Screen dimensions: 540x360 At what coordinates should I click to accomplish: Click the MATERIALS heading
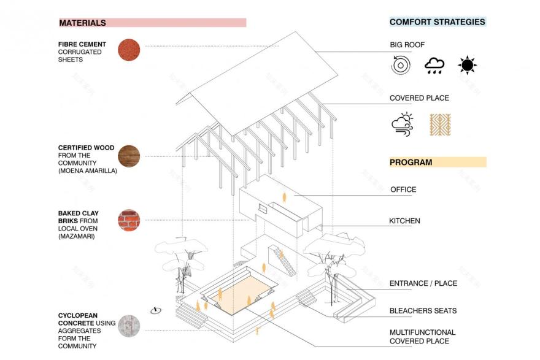pyautogui.click(x=83, y=23)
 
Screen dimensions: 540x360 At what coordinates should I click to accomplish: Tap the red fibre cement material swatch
pyautogui.click(x=129, y=50)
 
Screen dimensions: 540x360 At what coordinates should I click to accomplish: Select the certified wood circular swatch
pyautogui.click(x=129, y=156)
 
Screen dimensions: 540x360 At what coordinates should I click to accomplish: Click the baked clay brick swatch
pyautogui.click(x=129, y=220)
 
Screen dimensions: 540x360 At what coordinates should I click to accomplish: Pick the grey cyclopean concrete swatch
pyautogui.click(x=129, y=326)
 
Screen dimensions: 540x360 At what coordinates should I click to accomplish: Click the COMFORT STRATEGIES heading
pyautogui.click(x=438, y=22)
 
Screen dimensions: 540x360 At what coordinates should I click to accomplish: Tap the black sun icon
pyautogui.click(x=467, y=65)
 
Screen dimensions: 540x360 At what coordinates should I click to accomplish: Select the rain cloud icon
pyautogui.click(x=434, y=66)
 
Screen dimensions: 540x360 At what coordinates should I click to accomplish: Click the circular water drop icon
pyautogui.click(x=401, y=65)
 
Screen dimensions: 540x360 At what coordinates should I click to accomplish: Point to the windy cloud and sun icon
pyautogui.click(x=403, y=124)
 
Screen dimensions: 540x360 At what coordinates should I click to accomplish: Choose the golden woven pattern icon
pyautogui.click(x=440, y=124)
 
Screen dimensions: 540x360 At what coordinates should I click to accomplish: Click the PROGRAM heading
pyautogui.click(x=411, y=162)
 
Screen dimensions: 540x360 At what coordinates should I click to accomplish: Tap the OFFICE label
pyautogui.click(x=403, y=190)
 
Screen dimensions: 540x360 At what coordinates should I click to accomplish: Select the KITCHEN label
pyautogui.click(x=404, y=221)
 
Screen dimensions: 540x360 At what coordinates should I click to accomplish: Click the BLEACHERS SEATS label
pyautogui.click(x=423, y=311)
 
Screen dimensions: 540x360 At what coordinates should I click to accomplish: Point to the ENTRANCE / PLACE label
pyautogui.click(x=423, y=283)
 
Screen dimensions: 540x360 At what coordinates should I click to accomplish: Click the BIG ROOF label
pyautogui.click(x=407, y=45)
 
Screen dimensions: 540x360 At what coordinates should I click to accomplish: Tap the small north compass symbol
pyautogui.click(x=156, y=310)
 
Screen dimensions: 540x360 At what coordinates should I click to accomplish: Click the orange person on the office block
pyautogui.click(x=284, y=197)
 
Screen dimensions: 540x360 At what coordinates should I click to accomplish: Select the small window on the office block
pyautogui.click(x=263, y=209)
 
